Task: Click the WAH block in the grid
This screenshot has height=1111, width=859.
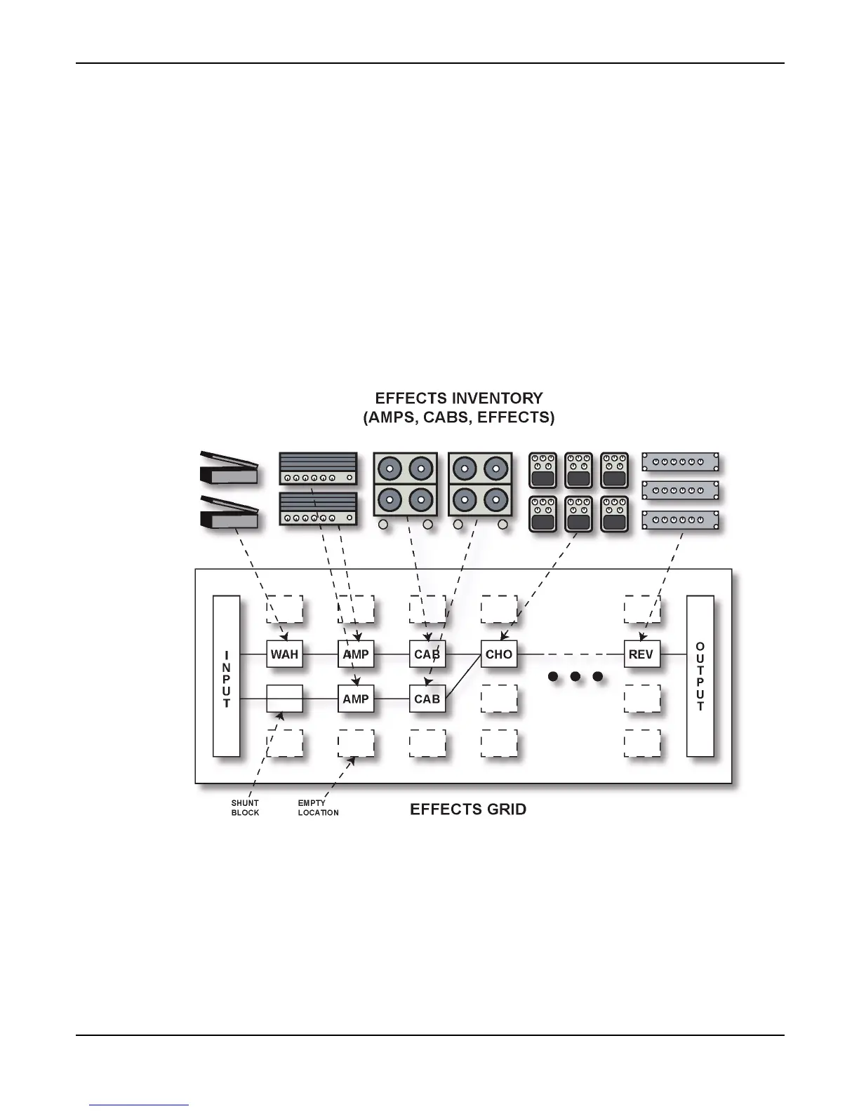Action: coord(284,654)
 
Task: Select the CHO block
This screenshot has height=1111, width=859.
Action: coord(499,654)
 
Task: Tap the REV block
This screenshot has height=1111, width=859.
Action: coord(641,654)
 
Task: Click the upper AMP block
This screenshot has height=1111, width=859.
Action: coord(356,654)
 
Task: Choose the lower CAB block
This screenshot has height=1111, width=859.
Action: coord(427,699)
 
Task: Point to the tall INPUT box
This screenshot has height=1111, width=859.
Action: coord(226,676)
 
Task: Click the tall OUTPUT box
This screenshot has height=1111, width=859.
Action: coord(700,676)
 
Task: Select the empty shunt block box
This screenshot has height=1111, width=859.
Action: coord(284,699)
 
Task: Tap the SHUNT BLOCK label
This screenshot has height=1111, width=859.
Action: coord(245,808)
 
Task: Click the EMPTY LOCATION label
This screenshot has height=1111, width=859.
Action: coord(318,808)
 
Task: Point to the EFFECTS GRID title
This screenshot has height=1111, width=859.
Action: coord(468,809)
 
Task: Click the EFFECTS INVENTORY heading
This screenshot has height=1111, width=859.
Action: coord(459,398)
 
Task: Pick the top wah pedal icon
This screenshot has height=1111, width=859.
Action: coord(229,469)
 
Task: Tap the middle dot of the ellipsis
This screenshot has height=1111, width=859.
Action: coord(575,677)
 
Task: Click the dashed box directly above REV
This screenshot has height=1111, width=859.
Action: coord(641,610)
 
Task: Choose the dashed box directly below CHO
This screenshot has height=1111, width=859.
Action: coord(499,699)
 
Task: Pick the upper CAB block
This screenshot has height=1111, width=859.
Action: coord(427,654)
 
